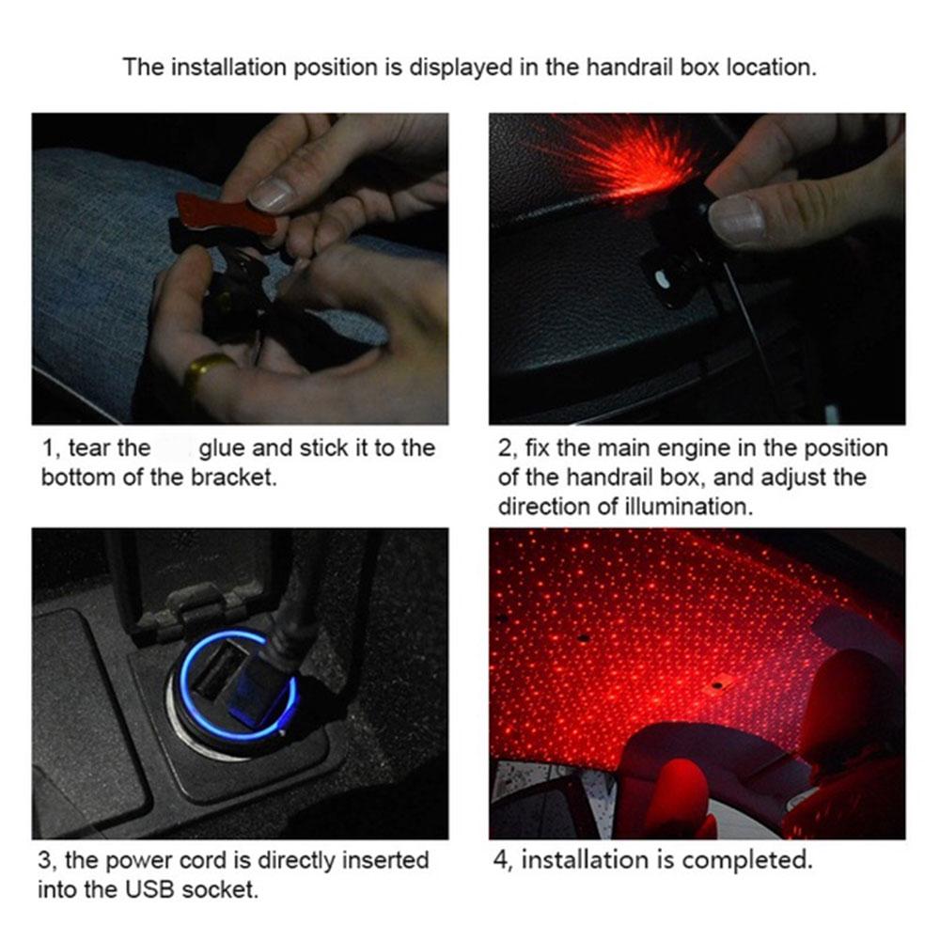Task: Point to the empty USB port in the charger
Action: [221, 668]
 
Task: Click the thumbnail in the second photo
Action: [737, 219]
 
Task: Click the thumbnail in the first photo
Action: [271, 194]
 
